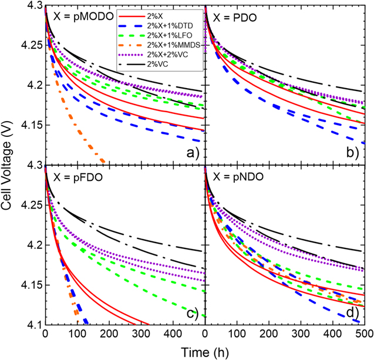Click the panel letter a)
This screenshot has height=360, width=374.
(191, 153)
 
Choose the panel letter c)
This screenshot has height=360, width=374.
(191, 312)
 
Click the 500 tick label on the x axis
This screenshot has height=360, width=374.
(365, 334)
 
